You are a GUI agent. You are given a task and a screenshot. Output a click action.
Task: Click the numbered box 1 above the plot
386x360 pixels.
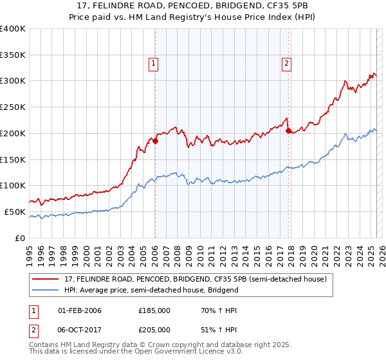pos(154,63)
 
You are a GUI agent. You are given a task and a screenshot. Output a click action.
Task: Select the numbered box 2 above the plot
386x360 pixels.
pos(286,63)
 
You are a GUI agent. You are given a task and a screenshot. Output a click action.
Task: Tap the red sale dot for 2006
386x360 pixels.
pos(155,141)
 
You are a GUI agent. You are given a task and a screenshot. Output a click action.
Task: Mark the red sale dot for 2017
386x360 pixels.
pos(288,130)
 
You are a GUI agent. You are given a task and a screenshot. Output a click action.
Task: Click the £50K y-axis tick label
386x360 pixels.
pos(15,212)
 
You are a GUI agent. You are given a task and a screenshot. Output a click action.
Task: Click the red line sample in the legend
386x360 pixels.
pos(46,279)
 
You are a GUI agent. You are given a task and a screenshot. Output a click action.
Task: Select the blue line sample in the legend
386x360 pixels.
pos(46,290)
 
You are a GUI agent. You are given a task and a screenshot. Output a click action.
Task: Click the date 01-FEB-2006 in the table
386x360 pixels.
pos(80,310)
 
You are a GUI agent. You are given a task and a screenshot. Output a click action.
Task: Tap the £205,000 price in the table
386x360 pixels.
pos(154,329)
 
